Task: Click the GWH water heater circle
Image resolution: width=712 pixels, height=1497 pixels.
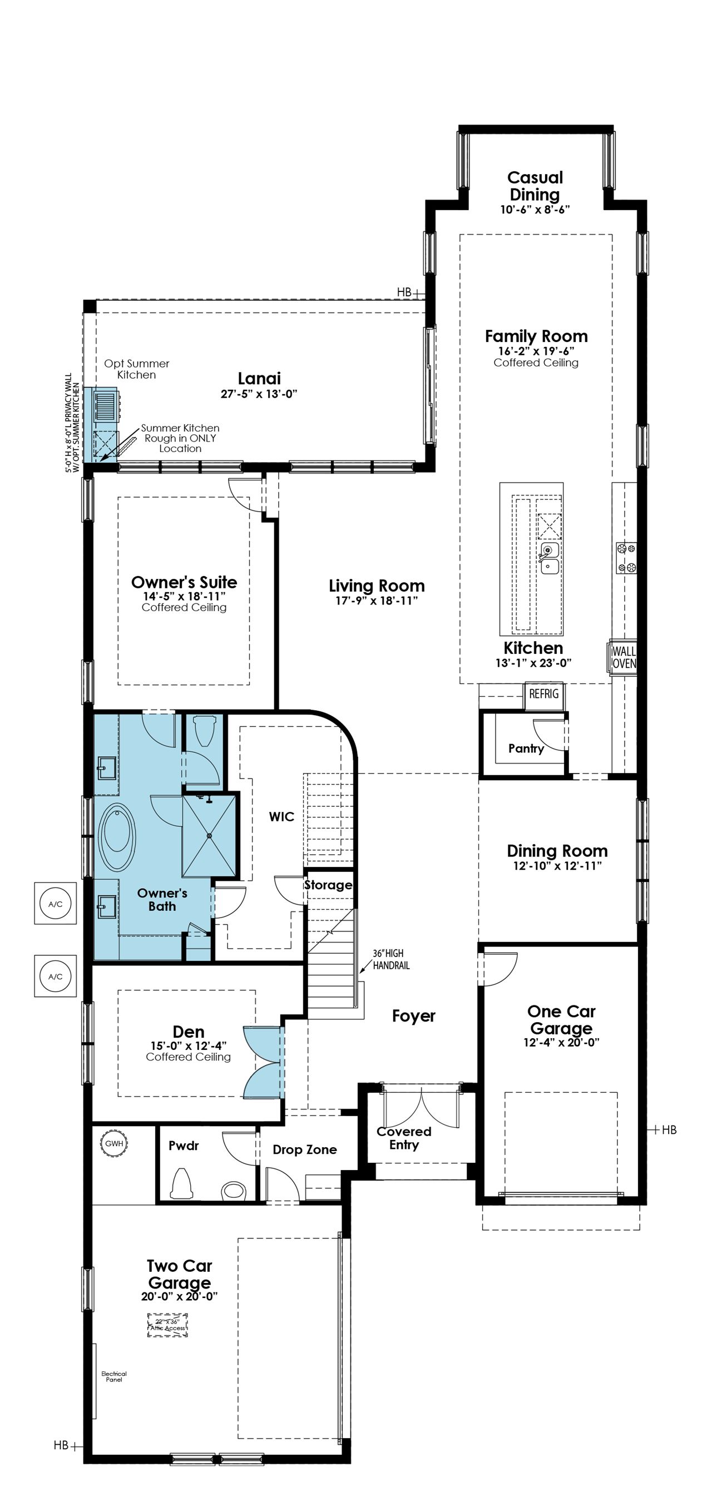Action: click(115, 1144)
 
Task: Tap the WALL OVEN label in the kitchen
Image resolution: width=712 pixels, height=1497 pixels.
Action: click(624, 657)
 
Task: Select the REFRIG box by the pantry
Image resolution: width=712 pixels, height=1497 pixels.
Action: click(543, 694)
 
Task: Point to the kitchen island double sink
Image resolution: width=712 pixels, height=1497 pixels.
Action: click(549, 558)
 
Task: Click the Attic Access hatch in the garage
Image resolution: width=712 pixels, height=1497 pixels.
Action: click(167, 1325)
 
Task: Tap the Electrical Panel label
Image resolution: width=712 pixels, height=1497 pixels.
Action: click(114, 1376)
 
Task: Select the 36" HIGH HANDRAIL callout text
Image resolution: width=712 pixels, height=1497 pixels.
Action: click(391, 959)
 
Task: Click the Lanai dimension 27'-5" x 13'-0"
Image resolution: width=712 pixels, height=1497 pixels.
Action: click(259, 394)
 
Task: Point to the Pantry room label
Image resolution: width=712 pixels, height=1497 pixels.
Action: click(526, 748)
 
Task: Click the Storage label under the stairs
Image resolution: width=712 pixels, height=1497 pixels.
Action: click(328, 885)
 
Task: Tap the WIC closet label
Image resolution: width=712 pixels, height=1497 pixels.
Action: click(281, 816)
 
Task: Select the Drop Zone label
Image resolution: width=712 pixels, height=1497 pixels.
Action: click(305, 1149)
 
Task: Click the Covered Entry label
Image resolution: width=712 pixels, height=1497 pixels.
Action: click(404, 1138)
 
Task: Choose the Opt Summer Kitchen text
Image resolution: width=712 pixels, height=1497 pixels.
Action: click(137, 369)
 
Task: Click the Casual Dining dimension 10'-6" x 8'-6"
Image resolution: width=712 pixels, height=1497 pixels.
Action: click(535, 209)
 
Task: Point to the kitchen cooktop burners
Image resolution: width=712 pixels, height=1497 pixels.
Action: click(626, 558)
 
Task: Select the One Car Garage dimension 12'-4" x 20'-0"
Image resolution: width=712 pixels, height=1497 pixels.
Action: click(561, 1042)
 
